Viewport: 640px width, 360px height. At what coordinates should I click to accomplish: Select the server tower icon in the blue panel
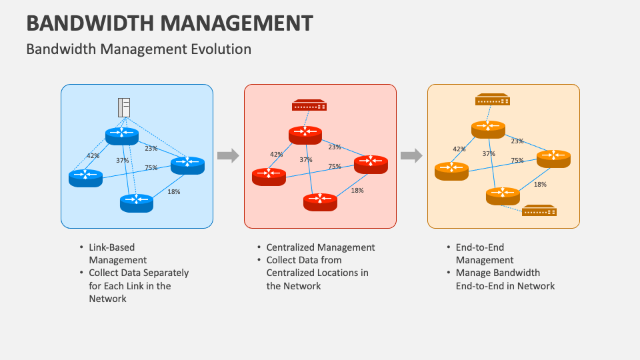(x=123, y=107)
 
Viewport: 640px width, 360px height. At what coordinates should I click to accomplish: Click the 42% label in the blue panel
(x=93, y=156)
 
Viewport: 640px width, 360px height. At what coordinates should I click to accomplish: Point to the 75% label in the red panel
(x=334, y=167)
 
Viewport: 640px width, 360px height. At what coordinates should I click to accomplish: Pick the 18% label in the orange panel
(x=540, y=185)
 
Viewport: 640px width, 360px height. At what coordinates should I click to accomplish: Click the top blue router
(x=121, y=135)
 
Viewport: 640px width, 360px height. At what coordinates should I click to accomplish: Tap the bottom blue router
(x=137, y=201)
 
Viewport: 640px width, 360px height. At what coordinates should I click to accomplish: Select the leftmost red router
(x=269, y=175)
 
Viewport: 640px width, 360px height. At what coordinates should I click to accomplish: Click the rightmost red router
(x=371, y=163)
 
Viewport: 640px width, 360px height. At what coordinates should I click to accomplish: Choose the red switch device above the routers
(x=309, y=105)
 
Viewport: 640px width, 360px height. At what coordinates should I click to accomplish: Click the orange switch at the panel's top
(x=493, y=100)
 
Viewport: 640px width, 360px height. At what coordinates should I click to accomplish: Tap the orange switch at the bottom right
(x=539, y=211)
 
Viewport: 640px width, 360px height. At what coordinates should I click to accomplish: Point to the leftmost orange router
(x=451, y=170)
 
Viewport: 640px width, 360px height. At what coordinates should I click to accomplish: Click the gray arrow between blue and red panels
(x=228, y=156)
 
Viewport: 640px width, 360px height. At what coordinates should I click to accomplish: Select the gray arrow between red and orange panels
(x=411, y=156)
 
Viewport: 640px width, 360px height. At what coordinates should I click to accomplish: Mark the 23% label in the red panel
(x=335, y=147)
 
